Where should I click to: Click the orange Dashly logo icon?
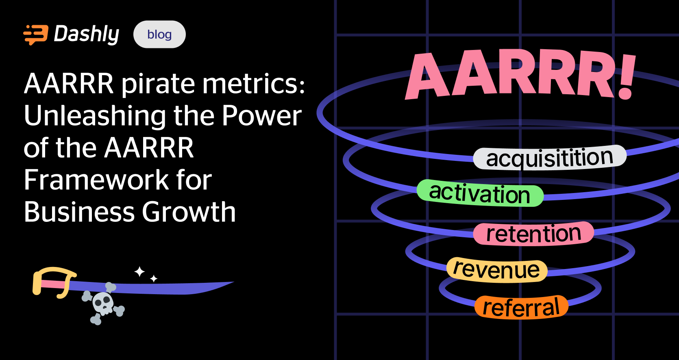tap(36, 35)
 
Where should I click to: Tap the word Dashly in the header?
tap(87, 34)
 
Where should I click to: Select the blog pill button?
tap(159, 35)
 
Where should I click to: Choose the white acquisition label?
tap(549, 158)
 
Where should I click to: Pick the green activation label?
tap(480, 193)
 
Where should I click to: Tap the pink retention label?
tap(533, 234)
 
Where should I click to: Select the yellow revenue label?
tap(496, 270)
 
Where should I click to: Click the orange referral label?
tap(521, 308)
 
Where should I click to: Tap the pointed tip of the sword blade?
tap(232, 282)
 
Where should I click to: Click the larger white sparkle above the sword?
tap(139, 271)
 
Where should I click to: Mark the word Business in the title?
tap(79, 212)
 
